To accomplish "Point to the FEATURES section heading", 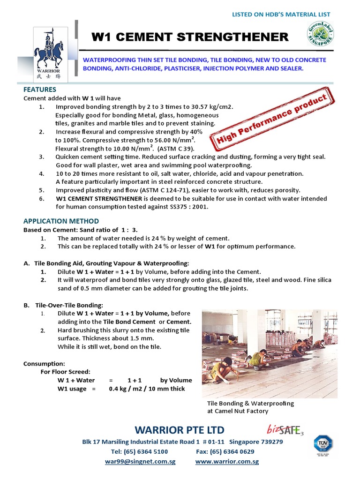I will click(40, 89).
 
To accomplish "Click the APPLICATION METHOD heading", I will click(61, 221).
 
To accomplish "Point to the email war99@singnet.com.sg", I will click(140, 461).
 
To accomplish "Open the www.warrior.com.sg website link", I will click(227, 461).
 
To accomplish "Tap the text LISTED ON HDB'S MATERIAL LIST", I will click(281, 15).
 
